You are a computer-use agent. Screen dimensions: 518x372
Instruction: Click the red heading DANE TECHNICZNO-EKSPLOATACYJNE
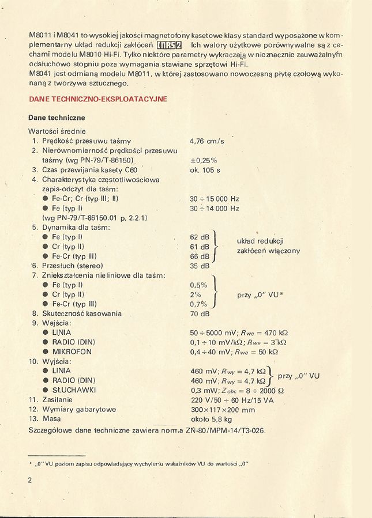pos(97,99)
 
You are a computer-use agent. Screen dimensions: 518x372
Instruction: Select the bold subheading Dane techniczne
pos(57,118)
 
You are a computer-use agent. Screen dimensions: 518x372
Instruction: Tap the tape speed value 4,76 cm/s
pos(206,141)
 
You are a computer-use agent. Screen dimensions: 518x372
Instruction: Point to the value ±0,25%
pos(203,160)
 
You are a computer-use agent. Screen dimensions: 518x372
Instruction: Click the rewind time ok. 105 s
pos(205,170)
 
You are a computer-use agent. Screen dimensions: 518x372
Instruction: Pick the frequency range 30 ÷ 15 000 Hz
pos(214,199)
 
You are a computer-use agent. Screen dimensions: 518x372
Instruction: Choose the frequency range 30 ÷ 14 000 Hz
pos(214,209)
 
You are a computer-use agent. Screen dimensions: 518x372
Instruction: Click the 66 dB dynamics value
pos(199,256)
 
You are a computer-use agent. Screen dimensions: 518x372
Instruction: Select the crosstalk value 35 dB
pos(199,266)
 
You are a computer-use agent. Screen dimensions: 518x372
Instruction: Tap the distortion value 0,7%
pos(198,304)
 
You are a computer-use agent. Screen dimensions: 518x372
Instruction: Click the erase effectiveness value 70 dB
pos(199,314)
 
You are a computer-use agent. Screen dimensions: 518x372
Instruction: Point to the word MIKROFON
pos(72,351)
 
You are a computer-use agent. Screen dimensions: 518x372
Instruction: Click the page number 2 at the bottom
pos(30,480)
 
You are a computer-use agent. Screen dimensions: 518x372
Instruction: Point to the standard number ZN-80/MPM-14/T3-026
pos(226,431)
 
